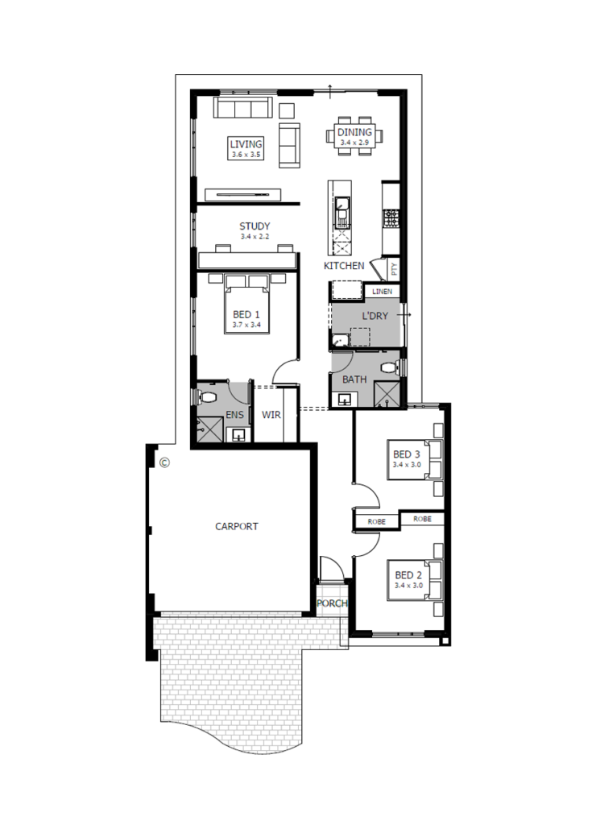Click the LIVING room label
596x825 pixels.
point(245,144)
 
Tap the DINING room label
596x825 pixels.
point(354,132)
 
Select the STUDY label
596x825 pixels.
point(255,226)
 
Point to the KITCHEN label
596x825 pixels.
point(344,265)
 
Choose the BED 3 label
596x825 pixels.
point(408,455)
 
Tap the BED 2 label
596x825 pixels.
point(408,575)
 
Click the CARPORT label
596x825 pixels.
point(237,526)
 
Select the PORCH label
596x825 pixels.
point(332,603)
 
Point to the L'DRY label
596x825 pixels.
point(375,316)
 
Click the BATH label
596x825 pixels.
point(355,379)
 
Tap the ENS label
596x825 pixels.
point(235,414)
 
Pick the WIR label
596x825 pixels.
point(271,416)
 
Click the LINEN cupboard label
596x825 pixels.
point(382,291)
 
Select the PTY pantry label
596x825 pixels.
point(394,268)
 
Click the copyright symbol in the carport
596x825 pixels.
point(164,462)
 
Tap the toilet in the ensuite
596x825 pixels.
point(205,397)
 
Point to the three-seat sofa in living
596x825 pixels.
point(244,109)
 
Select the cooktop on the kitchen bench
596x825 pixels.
point(392,216)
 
